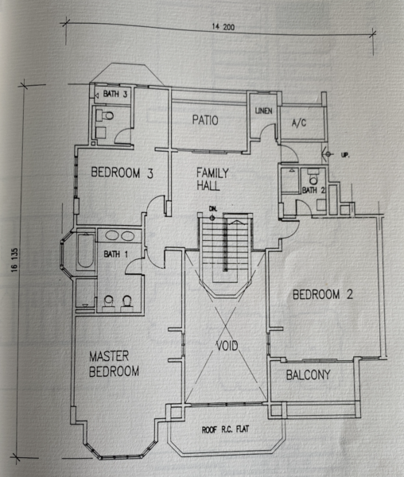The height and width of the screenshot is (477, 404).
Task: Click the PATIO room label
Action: (x=205, y=120)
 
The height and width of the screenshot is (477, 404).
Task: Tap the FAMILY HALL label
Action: (x=212, y=179)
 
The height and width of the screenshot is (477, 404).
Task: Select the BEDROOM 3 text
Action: (x=122, y=173)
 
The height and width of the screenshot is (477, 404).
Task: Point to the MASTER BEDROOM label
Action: (x=114, y=364)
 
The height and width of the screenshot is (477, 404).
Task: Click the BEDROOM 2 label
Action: (x=322, y=294)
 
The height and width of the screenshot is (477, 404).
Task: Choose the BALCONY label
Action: (x=309, y=374)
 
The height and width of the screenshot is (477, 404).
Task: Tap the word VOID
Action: (x=227, y=346)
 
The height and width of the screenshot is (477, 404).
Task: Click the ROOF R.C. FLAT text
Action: (x=225, y=429)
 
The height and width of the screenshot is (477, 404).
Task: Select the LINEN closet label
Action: (x=263, y=111)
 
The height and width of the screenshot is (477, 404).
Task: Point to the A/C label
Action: (x=299, y=122)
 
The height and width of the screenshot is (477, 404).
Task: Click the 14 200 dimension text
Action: (x=223, y=27)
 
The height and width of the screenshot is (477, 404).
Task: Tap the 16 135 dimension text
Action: (x=14, y=261)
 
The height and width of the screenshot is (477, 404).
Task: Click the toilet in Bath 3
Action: (x=105, y=115)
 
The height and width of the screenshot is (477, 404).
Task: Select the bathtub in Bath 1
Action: (x=85, y=250)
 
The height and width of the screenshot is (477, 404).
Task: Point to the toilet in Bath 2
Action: (x=313, y=176)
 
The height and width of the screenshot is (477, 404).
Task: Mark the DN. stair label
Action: (x=213, y=208)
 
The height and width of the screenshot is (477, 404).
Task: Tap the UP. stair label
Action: (x=344, y=155)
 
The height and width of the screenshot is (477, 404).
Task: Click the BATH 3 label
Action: (x=115, y=94)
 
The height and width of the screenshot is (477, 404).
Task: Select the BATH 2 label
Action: (x=313, y=191)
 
